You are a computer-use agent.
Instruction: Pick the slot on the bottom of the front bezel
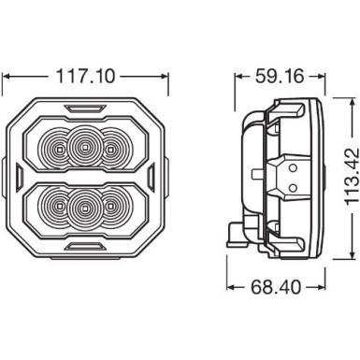(90, 247)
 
